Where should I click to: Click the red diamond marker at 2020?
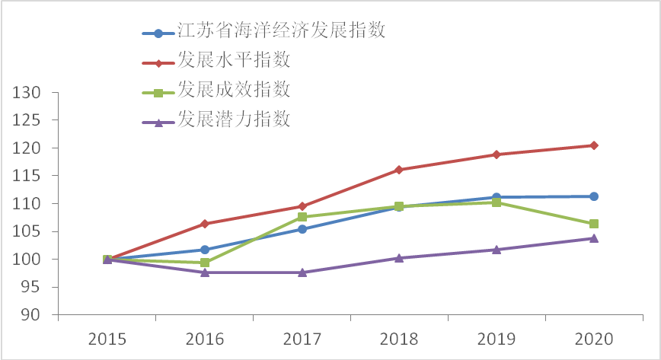(594, 145)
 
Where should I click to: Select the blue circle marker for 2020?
(594, 196)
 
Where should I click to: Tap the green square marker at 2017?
(302, 217)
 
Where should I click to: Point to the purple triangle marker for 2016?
(205, 272)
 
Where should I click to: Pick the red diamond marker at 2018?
(399, 170)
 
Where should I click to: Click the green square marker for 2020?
(594, 224)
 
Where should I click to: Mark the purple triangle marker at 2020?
(594, 238)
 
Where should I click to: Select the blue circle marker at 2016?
(205, 250)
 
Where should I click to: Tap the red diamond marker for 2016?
(205, 224)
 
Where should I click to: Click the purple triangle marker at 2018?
(399, 258)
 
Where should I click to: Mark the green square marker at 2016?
(205, 263)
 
